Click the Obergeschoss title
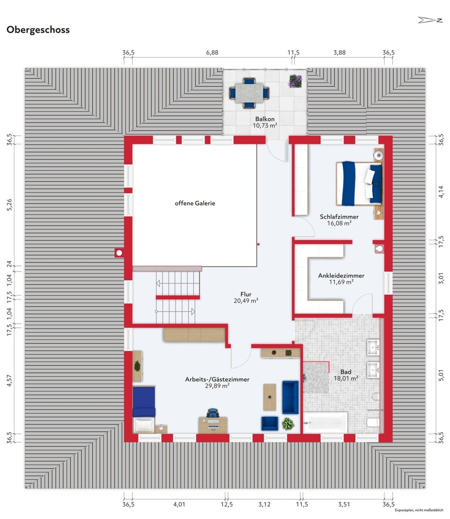[38, 30]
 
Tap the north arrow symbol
[430, 20]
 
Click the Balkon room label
[265, 119]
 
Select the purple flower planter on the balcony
[296, 81]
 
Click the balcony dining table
[249, 93]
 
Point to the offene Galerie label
[195, 203]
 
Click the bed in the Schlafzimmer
[359, 183]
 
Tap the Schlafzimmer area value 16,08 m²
[339, 223]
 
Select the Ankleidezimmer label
[341, 276]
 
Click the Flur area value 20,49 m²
[246, 301]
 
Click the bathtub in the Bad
[326, 422]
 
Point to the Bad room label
[346, 372]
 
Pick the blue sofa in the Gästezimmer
[290, 397]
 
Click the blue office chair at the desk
[213, 413]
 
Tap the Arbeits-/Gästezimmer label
[217, 379]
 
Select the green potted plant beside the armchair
[288, 424]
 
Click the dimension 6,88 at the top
[212, 52]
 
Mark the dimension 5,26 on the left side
[9, 204]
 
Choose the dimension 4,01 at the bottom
[179, 504]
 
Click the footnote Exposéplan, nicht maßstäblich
[419, 510]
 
